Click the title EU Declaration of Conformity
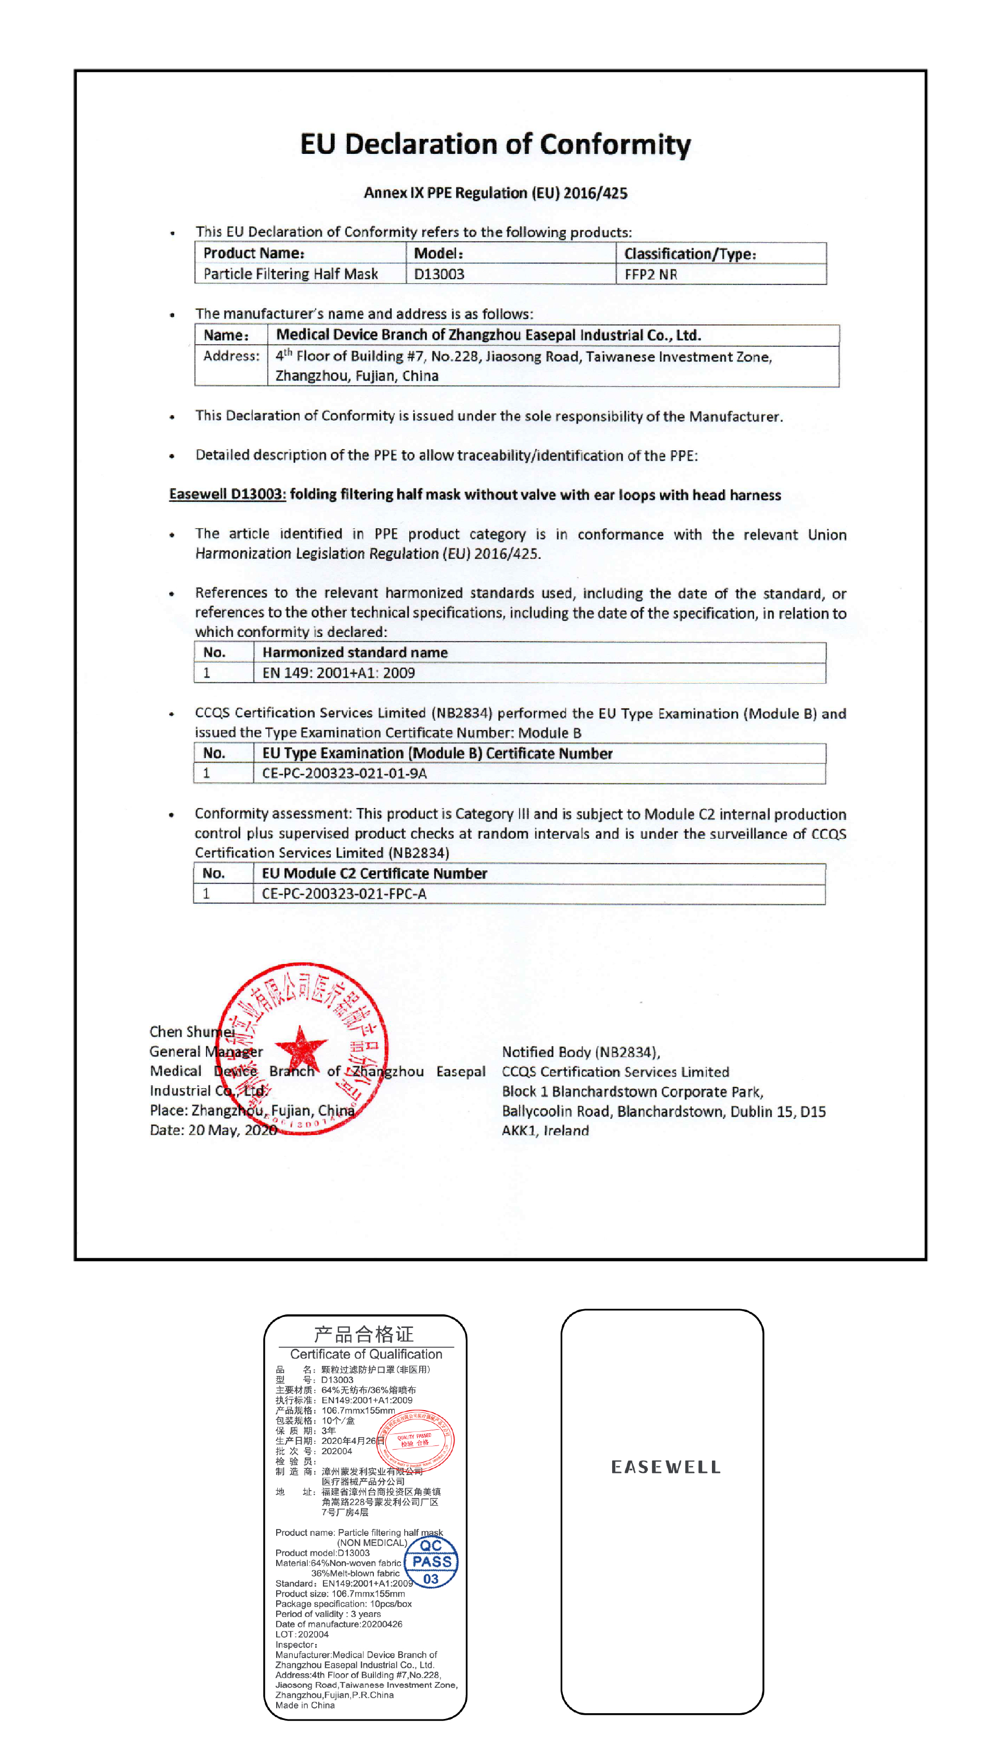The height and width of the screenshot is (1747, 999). click(496, 145)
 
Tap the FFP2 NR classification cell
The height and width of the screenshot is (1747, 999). click(651, 275)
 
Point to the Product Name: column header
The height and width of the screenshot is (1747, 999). click(254, 253)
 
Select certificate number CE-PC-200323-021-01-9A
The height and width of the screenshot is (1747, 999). click(344, 774)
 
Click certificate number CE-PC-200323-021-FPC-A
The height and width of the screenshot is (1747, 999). click(344, 894)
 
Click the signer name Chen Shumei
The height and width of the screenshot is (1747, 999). click(191, 1032)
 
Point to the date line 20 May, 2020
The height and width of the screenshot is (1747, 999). click(213, 1130)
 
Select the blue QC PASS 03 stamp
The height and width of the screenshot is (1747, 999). click(431, 1562)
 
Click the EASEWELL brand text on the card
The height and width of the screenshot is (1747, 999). click(666, 1467)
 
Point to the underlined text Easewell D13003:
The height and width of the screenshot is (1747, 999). click(227, 494)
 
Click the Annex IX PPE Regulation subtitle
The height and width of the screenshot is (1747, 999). click(496, 193)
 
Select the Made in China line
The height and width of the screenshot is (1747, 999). click(305, 1705)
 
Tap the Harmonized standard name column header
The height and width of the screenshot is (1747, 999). click(355, 653)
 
